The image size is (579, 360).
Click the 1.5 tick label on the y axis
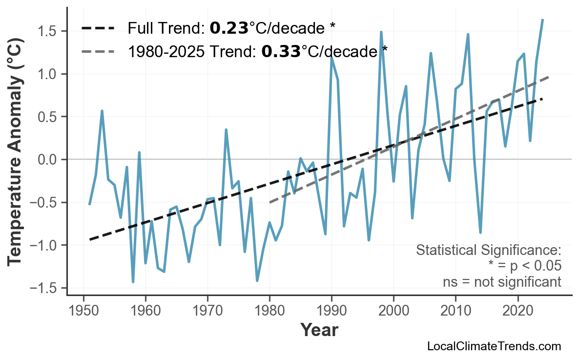click(48, 32)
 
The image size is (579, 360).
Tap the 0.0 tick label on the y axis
click(48, 160)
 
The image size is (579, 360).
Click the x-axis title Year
click(319, 331)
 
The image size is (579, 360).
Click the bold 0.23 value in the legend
click(229, 28)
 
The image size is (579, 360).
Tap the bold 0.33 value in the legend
click(281, 51)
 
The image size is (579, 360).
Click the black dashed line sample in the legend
click(98, 28)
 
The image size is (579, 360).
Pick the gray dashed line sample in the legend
click(98, 51)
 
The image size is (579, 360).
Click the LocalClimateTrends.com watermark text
click(494, 346)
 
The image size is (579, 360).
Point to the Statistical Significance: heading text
click(488, 251)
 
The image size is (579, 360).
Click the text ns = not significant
click(502, 282)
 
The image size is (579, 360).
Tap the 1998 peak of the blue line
click(381, 32)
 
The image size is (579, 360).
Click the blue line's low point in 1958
click(133, 282)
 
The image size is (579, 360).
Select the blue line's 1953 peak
click(102, 111)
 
